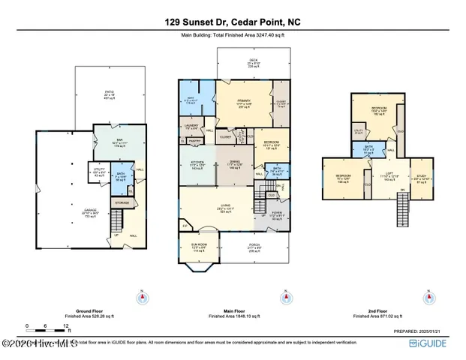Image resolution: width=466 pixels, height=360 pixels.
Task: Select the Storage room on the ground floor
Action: tap(122, 202)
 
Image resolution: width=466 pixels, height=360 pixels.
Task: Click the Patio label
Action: tap(110, 96)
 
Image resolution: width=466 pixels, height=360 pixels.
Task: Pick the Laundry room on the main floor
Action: tap(191, 126)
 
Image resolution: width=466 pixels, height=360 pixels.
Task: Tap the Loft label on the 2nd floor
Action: tap(389, 178)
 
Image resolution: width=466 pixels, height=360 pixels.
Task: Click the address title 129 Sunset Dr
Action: tap(233, 23)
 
